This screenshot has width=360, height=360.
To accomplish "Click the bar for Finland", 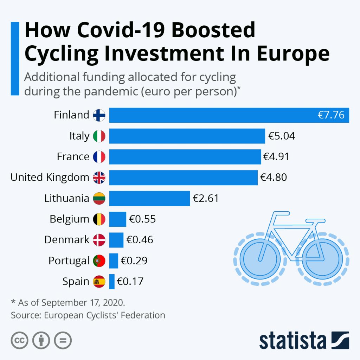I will (211, 115).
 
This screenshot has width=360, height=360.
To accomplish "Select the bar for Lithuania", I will (149, 198).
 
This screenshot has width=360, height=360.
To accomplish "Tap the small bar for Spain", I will (112, 282).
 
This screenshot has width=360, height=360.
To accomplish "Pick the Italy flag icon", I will (99, 136).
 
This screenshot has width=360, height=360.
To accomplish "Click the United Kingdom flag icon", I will (99, 178).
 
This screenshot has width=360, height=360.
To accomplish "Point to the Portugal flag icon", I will (99, 261).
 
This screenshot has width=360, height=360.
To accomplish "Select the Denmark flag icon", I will (99, 240).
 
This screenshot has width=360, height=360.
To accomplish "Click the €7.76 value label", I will (331, 115).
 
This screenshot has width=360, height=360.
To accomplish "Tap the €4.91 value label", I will (276, 157).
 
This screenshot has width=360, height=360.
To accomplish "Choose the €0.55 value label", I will (142, 219).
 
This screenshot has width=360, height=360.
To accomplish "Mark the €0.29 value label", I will (134, 261).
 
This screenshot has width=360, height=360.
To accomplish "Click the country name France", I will (73, 157).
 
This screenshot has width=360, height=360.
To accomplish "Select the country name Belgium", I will (69, 219).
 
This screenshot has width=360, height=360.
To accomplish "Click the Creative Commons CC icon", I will (20, 340).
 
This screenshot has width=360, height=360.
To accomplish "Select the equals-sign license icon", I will (63, 340).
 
